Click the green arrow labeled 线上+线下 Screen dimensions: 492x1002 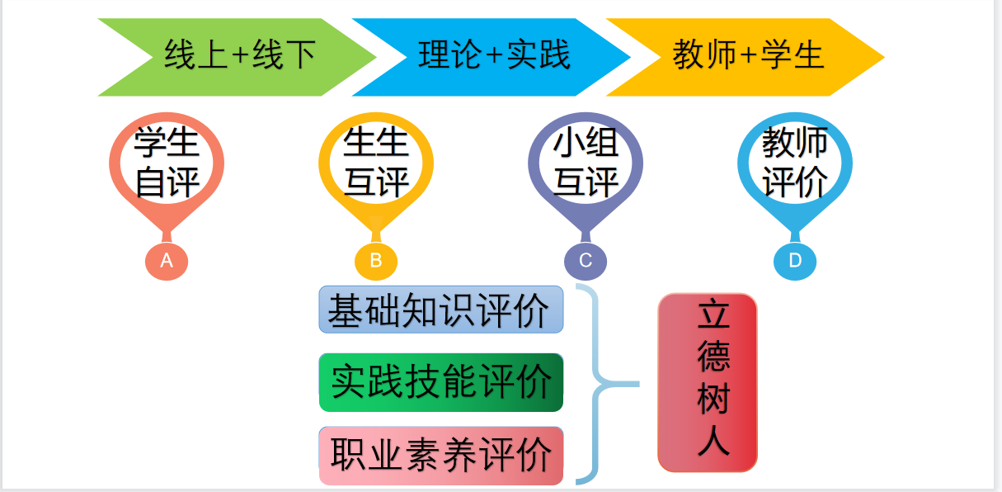[x=239, y=57]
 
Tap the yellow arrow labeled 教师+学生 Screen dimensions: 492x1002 [x=747, y=57]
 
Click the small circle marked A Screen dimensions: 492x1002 [x=167, y=261]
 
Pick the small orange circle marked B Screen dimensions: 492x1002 [x=376, y=261]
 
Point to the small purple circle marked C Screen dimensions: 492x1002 [x=586, y=261]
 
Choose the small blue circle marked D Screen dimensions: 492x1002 [x=795, y=261]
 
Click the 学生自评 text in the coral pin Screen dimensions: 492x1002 [x=167, y=163]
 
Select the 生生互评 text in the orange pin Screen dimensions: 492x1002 [x=376, y=163]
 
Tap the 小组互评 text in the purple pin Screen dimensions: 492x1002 [x=586, y=163]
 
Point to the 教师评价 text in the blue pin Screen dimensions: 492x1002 [x=795, y=163]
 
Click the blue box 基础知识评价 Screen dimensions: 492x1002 [x=440, y=310]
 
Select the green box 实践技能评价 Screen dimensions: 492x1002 [x=440, y=382]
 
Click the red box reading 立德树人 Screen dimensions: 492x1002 [x=708, y=382]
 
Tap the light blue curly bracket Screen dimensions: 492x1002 [x=597, y=384]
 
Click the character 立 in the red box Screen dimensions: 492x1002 [x=714, y=317]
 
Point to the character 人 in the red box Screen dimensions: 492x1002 [x=714, y=441]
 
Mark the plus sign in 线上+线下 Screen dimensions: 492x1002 [x=240, y=57]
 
